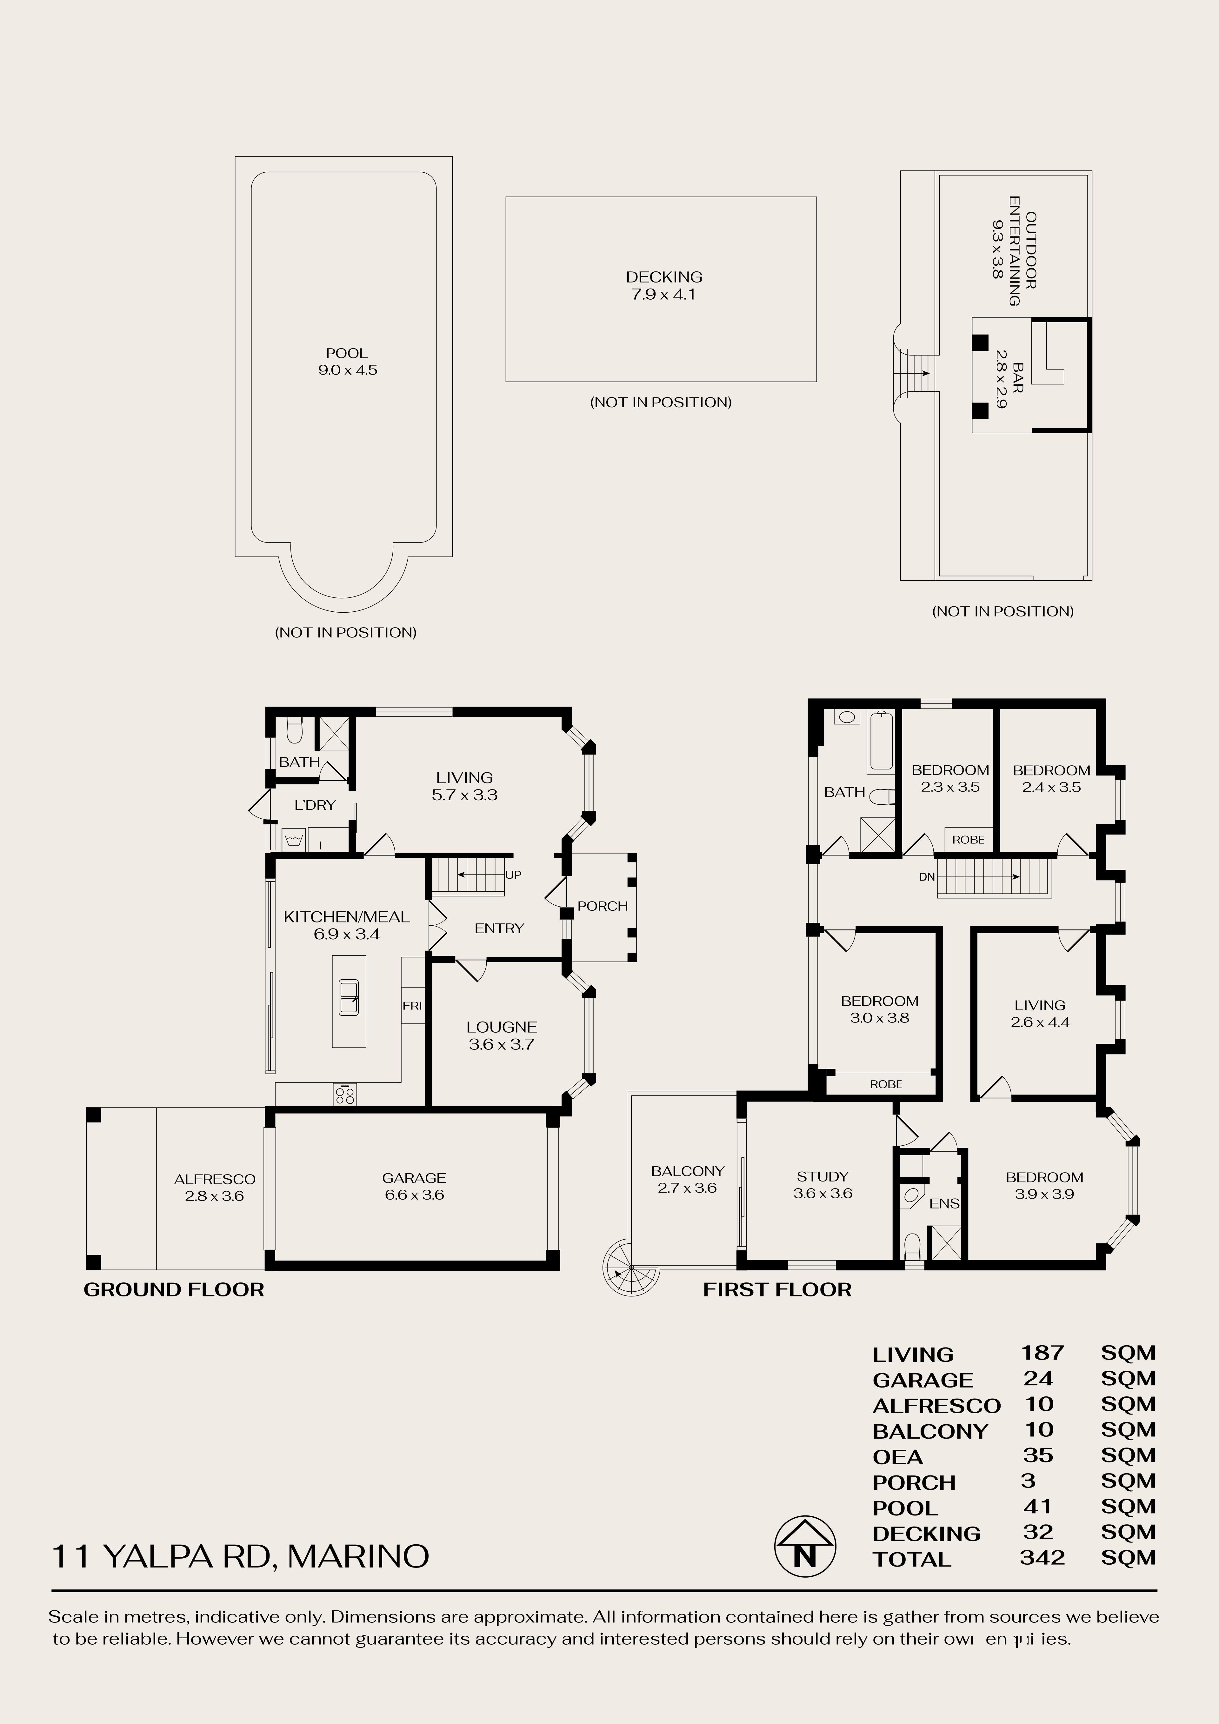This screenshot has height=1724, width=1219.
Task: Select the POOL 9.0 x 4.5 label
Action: point(347,361)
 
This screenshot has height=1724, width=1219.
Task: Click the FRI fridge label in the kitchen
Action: point(412,1005)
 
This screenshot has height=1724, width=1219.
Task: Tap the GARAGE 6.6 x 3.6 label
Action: point(414,1186)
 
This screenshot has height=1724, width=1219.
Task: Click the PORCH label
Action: point(603,906)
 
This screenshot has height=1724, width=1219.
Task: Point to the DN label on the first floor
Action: point(927,876)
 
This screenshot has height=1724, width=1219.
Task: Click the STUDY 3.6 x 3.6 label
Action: point(823,1185)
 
